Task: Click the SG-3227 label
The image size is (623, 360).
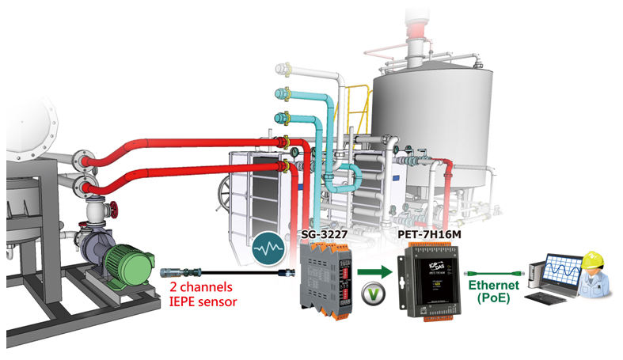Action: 325,234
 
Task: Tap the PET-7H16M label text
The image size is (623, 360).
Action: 430,234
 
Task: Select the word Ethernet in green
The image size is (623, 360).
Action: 493,285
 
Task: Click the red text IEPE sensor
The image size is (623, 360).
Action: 203,301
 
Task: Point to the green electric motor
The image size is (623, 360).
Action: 128,265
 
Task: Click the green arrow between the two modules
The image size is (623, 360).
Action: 374,272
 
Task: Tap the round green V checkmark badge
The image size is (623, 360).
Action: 374,294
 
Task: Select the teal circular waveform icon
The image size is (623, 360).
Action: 268,248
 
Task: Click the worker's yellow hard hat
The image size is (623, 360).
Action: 593,260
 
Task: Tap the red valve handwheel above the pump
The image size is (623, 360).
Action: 115,210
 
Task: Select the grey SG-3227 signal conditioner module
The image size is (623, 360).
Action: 325,279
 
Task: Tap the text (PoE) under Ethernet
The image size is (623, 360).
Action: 493,297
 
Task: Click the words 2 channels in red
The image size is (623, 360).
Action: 201,286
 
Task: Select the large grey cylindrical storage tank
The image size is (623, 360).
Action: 432,127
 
